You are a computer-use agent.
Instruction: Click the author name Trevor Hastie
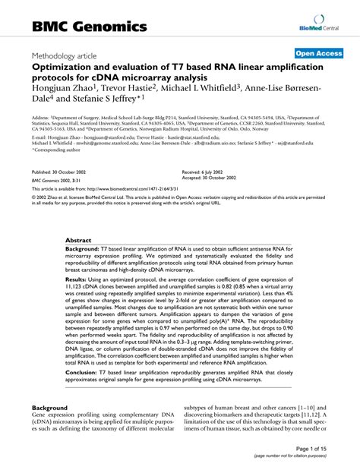coord(141,85)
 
